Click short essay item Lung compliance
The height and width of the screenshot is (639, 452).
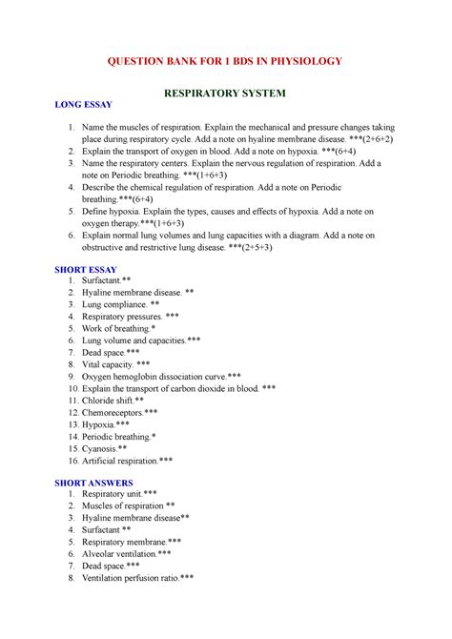click(113, 304)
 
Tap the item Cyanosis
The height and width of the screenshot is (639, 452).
click(103, 448)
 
